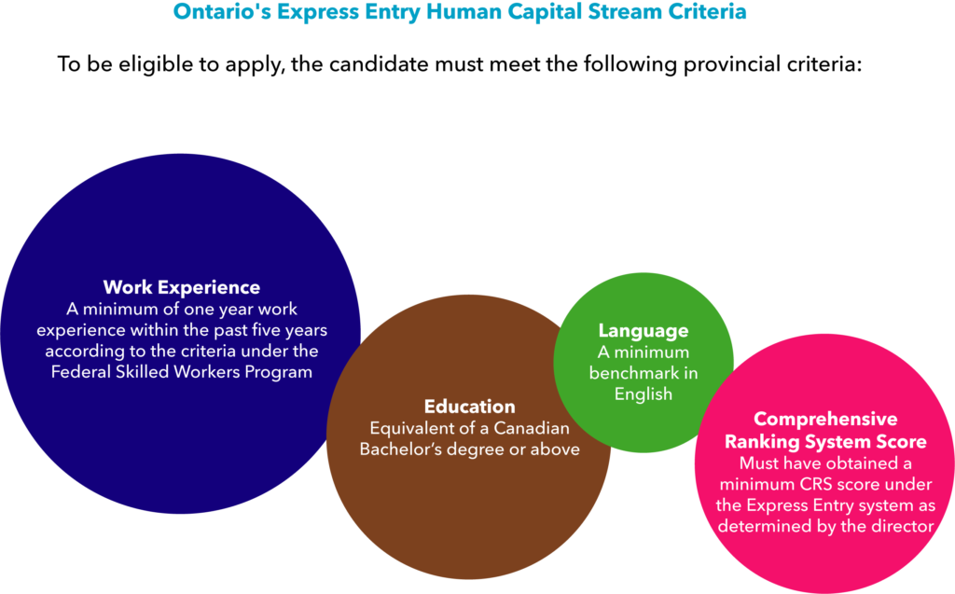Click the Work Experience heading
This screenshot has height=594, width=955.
[x=182, y=287]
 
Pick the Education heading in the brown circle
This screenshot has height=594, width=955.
[x=470, y=407]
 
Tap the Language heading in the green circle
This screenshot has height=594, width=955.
[x=644, y=331]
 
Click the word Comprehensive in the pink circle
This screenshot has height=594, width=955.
[x=825, y=419]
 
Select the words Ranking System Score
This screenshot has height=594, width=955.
[x=825, y=442]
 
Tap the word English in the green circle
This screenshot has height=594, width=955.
[x=644, y=394]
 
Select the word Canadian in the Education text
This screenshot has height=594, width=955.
[x=532, y=428]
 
